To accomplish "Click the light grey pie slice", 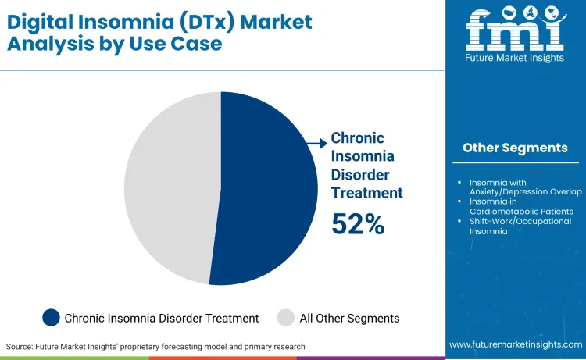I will pyautogui.click(x=168, y=187).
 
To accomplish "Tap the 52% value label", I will pyautogui.click(x=358, y=224).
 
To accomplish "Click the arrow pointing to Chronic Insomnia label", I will pyautogui.click(x=317, y=143).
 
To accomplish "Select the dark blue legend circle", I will pyautogui.click(x=52, y=318).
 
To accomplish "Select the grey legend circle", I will pyautogui.click(x=285, y=318).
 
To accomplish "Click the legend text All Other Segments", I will pyautogui.click(x=349, y=318).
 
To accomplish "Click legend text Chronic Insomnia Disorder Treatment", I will pyautogui.click(x=162, y=318).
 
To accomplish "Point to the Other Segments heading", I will pyautogui.click(x=515, y=148).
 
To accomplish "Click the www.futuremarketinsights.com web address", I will pyautogui.click(x=515, y=344).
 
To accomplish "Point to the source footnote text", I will pyautogui.click(x=155, y=346).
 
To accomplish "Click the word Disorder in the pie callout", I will pyautogui.click(x=359, y=174).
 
